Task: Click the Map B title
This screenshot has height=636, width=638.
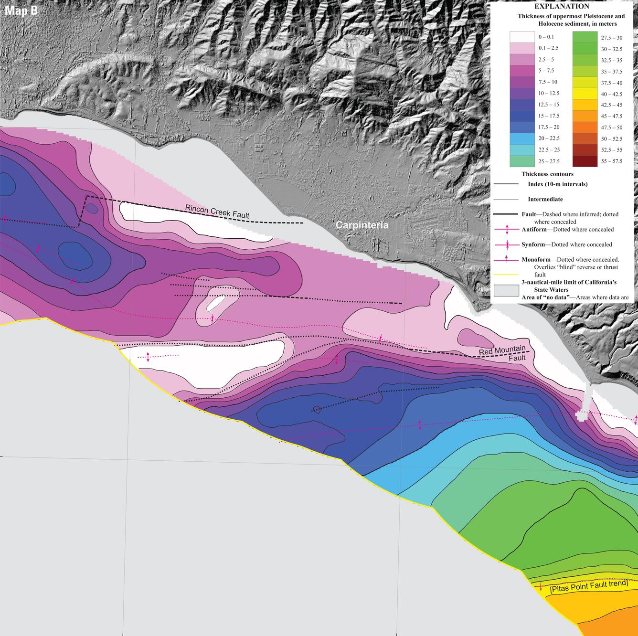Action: point(21,11)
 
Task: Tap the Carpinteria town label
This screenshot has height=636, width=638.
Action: point(362,225)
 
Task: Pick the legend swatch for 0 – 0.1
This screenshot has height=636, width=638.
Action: point(521,37)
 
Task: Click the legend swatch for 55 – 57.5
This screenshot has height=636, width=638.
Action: point(585,161)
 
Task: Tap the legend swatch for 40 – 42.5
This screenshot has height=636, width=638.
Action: point(585,94)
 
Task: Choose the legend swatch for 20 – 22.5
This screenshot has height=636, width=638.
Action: point(521,138)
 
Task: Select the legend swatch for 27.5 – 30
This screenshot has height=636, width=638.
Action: point(585,37)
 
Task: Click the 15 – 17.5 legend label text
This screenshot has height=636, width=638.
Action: point(549,116)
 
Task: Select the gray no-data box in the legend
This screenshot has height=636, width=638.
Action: point(506,291)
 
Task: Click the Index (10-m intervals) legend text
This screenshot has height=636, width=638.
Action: point(558,184)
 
